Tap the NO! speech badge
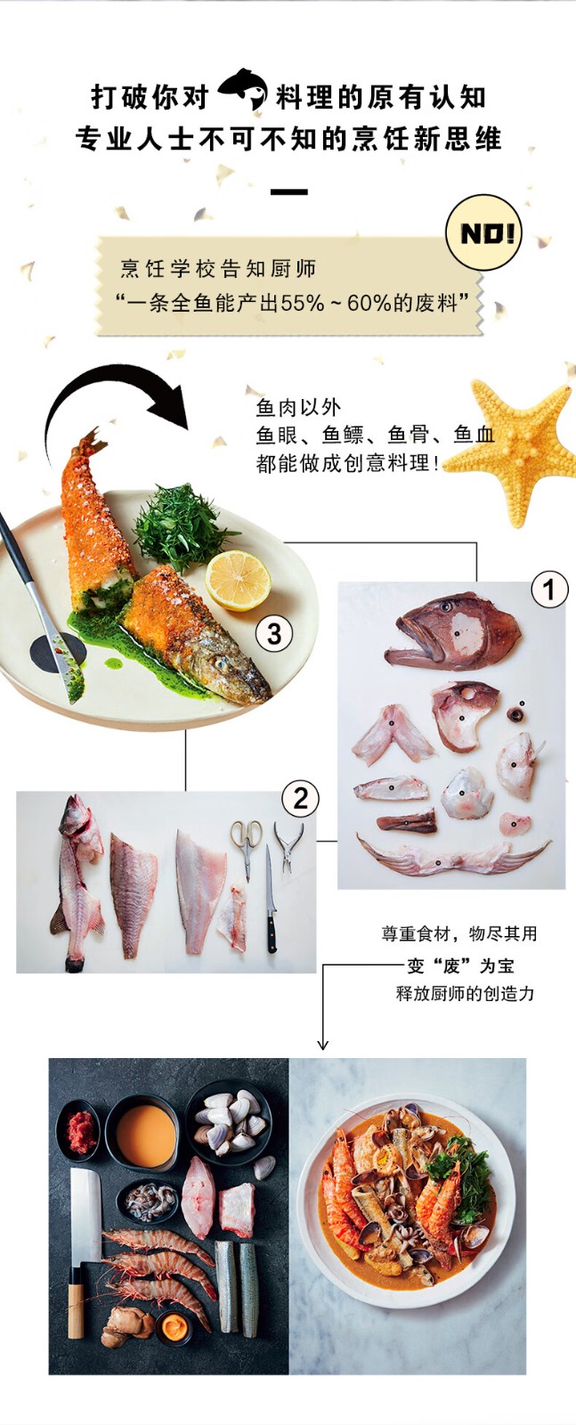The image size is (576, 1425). pyautogui.click(x=484, y=232)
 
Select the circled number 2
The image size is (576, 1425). pyautogui.click(x=301, y=799)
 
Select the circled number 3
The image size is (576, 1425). pyautogui.click(x=273, y=633)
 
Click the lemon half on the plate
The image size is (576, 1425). pyautogui.click(x=238, y=580)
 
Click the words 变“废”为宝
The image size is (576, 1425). pyautogui.click(x=460, y=966)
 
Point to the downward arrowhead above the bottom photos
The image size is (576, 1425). pyautogui.click(x=323, y=1045)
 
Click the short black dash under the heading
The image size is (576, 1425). pyautogui.click(x=288, y=191)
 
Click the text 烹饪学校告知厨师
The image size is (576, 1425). pyautogui.click(x=218, y=269)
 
